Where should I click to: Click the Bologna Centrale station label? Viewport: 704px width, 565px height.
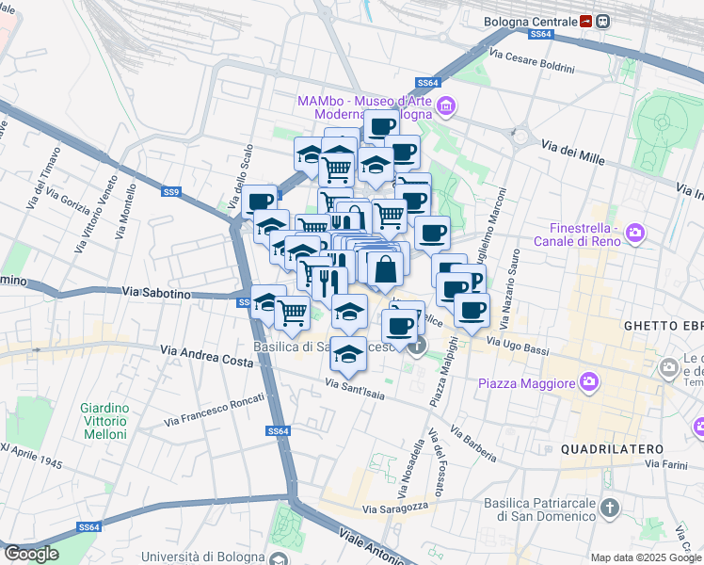click(x=530, y=21)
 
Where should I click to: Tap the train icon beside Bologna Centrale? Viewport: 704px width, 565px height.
click(x=586, y=21)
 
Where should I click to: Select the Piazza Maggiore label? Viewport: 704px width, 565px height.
click(x=526, y=383)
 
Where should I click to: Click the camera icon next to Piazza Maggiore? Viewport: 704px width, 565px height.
click(x=589, y=381)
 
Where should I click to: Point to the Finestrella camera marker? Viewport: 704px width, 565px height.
click(x=635, y=232)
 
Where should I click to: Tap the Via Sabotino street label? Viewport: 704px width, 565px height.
click(x=156, y=294)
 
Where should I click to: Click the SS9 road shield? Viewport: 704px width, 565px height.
click(x=171, y=192)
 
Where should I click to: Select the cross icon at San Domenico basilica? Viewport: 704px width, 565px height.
click(x=610, y=508)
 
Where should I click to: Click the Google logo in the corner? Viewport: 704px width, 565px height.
click(x=31, y=554)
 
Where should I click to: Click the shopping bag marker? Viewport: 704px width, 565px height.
click(x=385, y=269)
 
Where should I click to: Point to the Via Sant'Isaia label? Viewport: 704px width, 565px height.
click(x=355, y=385)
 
